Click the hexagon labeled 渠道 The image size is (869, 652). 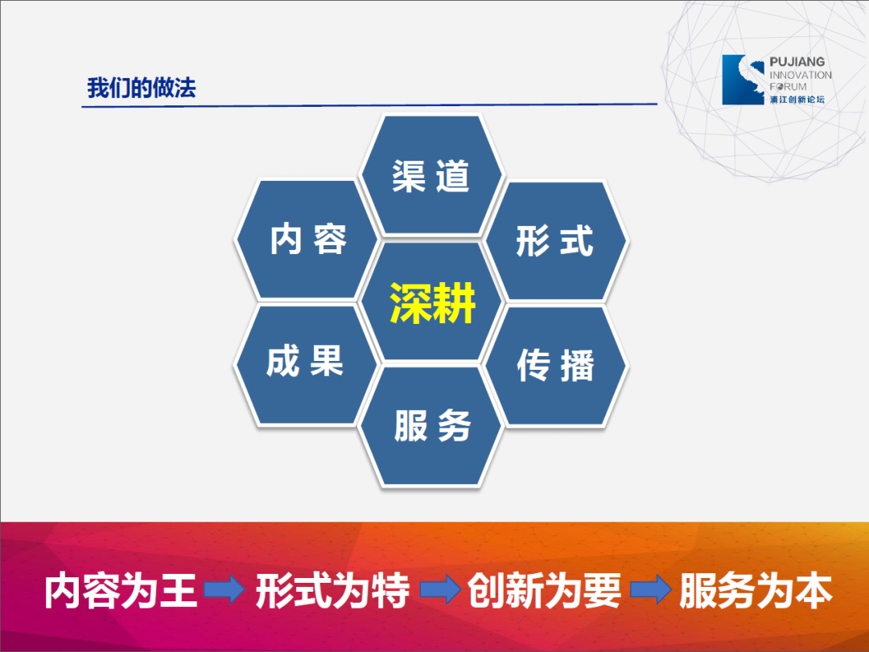431,175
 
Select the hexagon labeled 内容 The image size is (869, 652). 307,240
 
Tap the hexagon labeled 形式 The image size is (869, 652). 556,240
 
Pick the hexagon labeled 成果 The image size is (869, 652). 307,364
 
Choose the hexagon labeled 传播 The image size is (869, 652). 556,365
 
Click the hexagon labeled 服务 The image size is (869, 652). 431,426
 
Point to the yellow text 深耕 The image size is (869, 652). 432,302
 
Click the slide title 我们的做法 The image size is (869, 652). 142,88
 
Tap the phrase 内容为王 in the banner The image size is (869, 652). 121,591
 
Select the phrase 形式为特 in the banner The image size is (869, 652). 332,591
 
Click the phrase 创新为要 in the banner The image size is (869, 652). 544,591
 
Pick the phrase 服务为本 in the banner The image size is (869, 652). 756,591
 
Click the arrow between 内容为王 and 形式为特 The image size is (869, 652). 224,589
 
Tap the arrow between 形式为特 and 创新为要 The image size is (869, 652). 440,589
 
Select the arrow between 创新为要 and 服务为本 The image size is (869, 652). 651,589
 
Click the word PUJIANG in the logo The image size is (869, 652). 797,61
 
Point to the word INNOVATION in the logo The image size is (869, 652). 801,75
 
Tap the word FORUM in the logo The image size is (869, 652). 788,86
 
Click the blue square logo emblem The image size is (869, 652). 743,80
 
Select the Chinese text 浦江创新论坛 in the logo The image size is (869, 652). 797,100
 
